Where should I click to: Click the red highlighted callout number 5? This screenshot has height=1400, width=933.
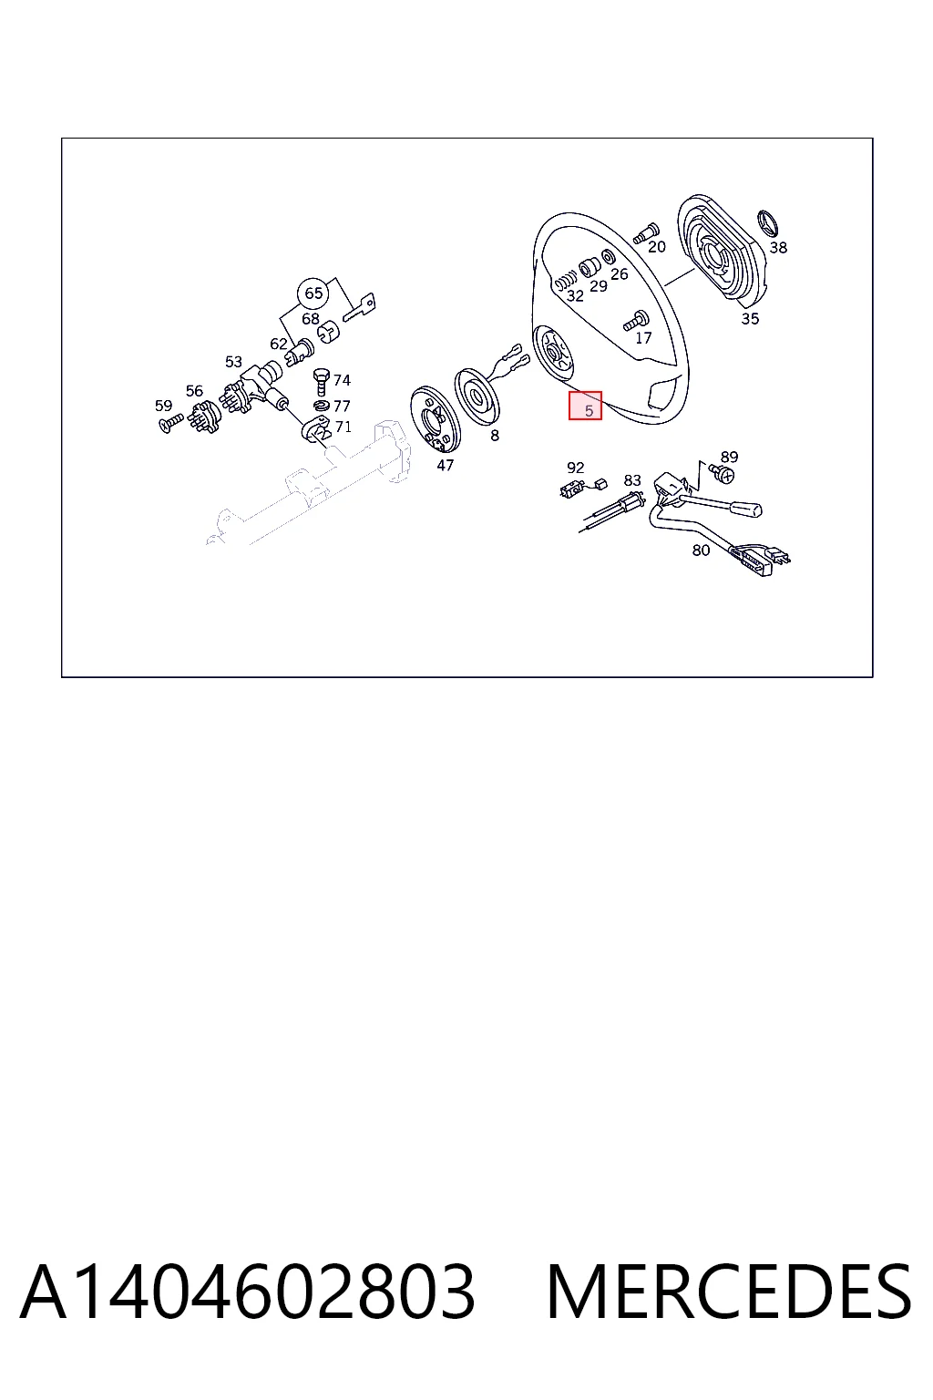click(x=585, y=406)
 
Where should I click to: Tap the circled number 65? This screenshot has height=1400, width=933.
click(x=313, y=293)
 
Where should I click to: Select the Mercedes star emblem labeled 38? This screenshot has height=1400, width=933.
click(x=769, y=224)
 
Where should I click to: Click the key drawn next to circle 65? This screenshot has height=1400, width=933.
click(x=359, y=307)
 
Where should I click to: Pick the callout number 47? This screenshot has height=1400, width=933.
click(x=445, y=465)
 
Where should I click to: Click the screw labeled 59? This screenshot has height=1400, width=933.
click(x=172, y=424)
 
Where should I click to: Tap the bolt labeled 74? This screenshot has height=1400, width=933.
click(x=322, y=381)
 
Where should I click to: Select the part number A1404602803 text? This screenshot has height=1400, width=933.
click(x=248, y=1292)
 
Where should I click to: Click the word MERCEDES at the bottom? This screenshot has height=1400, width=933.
click(x=729, y=1292)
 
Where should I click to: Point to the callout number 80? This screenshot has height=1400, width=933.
click(x=701, y=550)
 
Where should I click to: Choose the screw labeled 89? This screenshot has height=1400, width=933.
click(x=722, y=472)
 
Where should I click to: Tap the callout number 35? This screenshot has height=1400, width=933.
click(x=750, y=319)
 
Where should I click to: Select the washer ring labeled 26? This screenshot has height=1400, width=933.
click(x=607, y=257)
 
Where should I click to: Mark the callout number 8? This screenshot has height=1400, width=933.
click(x=495, y=436)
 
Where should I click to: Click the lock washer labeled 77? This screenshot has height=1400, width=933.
click(x=322, y=407)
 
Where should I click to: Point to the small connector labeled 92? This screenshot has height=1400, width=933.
click(x=570, y=491)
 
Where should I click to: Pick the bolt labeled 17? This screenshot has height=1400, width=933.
click(x=636, y=321)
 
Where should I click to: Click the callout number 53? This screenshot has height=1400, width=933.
click(x=233, y=362)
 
